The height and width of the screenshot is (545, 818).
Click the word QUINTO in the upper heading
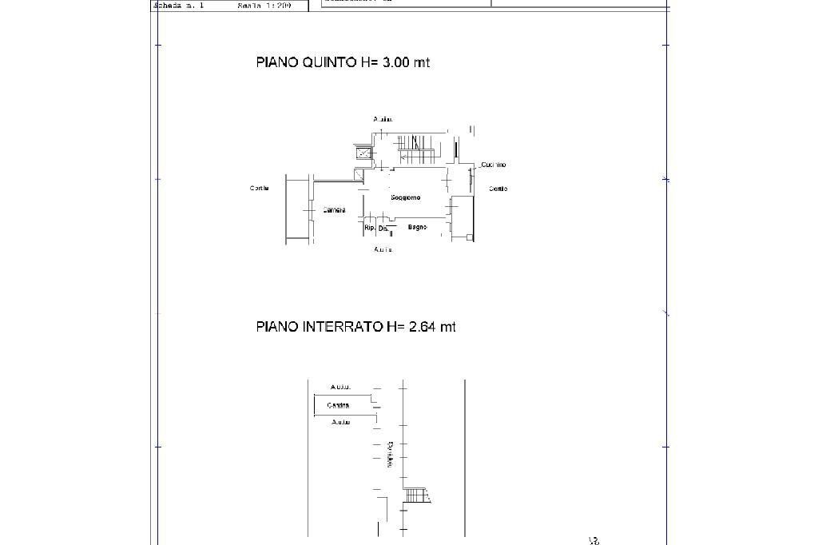click(x=329, y=62)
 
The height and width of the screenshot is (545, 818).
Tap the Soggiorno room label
click(x=406, y=197)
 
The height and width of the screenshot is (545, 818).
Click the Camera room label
click(x=334, y=210)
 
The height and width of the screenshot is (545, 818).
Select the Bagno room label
click(x=417, y=227)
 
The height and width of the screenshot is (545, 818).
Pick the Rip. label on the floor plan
click(x=369, y=228)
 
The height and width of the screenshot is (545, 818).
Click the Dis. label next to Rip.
click(x=383, y=229)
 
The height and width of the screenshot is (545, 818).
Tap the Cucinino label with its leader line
click(x=494, y=165)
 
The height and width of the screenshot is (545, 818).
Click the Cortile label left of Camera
click(x=259, y=189)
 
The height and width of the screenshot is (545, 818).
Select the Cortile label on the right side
click(x=498, y=189)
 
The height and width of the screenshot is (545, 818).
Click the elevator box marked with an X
click(x=363, y=153)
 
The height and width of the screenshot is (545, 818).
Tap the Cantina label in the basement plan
click(x=339, y=405)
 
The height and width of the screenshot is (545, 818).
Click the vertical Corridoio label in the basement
click(x=390, y=454)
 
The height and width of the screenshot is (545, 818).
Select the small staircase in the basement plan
click(x=415, y=495)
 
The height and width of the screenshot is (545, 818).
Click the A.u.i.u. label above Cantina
click(x=341, y=387)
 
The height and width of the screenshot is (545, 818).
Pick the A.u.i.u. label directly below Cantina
click(x=341, y=422)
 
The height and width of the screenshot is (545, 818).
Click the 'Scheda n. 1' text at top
click(x=179, y=5)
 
